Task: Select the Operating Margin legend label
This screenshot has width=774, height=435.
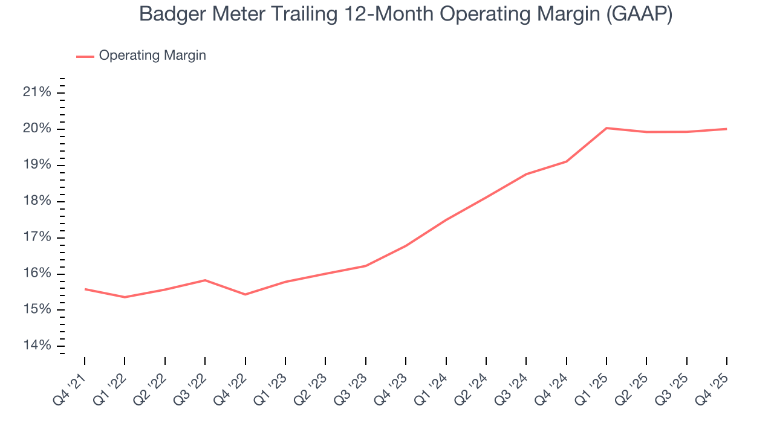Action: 152,56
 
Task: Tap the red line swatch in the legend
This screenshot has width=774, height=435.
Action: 85,56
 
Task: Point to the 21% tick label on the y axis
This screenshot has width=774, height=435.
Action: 37,92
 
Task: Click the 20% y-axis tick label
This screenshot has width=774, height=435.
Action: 37,129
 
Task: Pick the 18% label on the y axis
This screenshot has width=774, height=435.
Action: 37,201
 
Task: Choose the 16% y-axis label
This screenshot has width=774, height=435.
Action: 37,274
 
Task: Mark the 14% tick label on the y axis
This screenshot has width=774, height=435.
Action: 37,346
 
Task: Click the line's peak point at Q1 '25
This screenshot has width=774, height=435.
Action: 607,128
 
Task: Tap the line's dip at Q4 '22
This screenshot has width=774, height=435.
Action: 245,294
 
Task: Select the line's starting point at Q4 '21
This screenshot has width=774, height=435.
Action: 85,289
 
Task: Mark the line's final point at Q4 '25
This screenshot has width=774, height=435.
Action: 726,129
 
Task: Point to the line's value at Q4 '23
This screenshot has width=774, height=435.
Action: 405,246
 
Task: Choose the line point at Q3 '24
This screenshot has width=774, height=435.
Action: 526,174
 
